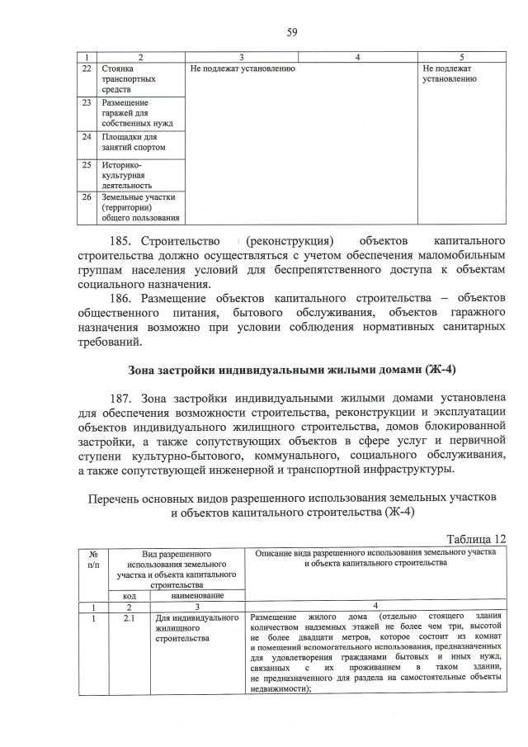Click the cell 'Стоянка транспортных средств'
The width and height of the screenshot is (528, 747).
coord(124,78)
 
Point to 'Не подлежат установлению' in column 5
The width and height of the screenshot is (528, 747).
coord(450,73)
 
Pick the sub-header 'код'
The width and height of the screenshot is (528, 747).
coord(130,595)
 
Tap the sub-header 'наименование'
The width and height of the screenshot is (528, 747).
coord(197,595)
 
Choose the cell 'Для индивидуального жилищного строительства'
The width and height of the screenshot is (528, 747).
coord(196,627)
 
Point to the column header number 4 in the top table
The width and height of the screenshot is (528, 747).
coord(356,56)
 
